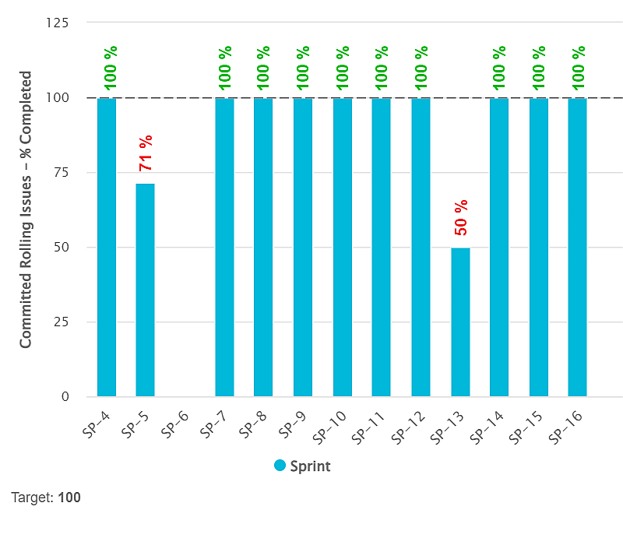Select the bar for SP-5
[146, 290]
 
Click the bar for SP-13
[460, 322]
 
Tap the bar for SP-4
[107, 247]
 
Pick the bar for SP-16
[577, 247]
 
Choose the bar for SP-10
[342, 247]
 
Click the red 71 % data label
[146, 153]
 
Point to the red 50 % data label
[461, 217]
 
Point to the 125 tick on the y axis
[58, 23]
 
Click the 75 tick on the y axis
[62, 173]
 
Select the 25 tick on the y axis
[62, 322]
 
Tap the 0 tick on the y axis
[65, 397]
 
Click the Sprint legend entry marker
[280, 466]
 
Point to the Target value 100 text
[69, 498]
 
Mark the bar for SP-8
[263, 247]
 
